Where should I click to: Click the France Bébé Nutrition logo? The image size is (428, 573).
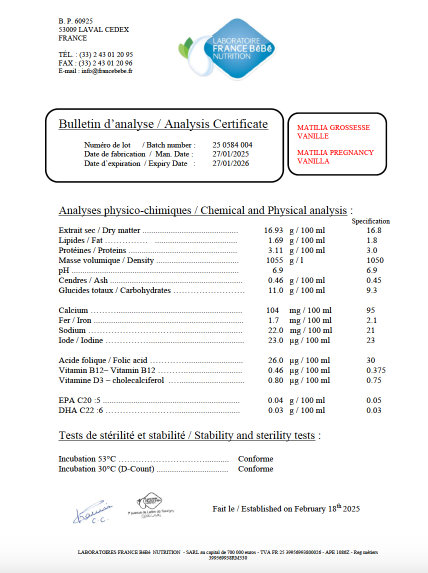pos(227,49)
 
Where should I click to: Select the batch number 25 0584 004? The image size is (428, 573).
pos(232,145)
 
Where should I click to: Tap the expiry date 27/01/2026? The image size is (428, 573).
pos(230,163)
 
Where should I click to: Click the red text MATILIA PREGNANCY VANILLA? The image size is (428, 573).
pos(335,157)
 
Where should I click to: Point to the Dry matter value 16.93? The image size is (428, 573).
pos(273,230)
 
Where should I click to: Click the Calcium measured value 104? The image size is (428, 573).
pos(272,310)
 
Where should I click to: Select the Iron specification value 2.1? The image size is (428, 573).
pos(371,320)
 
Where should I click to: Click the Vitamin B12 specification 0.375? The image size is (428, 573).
pos(376,370)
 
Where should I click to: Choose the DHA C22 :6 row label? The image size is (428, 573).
pos(80,410)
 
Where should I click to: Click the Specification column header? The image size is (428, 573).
pos(370,221)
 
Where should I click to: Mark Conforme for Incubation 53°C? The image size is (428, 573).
pos(255,459)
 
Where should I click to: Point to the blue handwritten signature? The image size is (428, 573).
pos(93,512)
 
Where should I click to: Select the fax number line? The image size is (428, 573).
pos(95,63)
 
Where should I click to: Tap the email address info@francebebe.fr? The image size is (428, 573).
pos(107,71)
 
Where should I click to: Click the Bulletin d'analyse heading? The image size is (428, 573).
pos(163,124)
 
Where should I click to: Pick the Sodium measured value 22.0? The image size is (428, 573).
pos(274,330)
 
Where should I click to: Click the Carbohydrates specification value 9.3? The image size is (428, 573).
pos(371,290)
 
